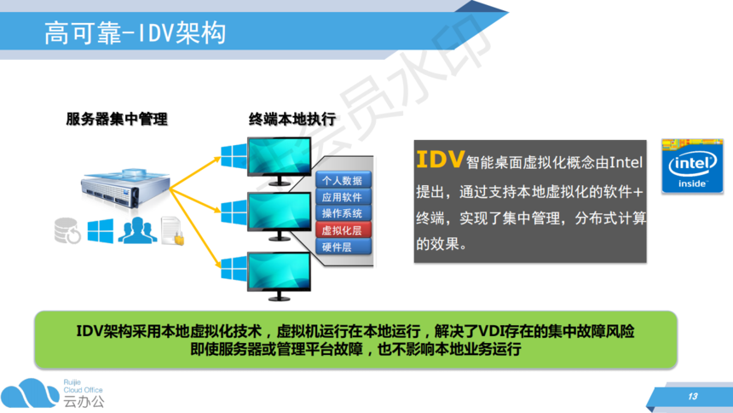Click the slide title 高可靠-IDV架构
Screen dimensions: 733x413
click(136, 33)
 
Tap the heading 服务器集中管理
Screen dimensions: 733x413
click(117, 119)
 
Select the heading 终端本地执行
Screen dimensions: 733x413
click(292, 119)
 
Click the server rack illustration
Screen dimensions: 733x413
click(125, 189)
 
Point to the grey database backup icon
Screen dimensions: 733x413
click(67, 230)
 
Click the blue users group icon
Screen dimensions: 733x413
click(137, 230)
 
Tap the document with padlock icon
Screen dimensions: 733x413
click(172, 230)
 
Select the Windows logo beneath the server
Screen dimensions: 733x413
click(100, 231)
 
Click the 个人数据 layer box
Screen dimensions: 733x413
click(343, 180)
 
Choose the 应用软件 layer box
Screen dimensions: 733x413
click(343, 197)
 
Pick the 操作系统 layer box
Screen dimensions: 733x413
click(343, 213)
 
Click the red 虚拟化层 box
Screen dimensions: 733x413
click(343, 230)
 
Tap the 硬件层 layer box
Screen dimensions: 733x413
click(343, 247)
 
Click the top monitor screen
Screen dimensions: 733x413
click(279, 156)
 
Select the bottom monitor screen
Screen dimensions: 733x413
click(279, 270)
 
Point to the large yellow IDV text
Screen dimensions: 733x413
click(440, 160)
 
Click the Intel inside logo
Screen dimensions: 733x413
click(692, 166)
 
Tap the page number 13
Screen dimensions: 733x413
click(693, 397)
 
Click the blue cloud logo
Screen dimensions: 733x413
click(30, 393)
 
